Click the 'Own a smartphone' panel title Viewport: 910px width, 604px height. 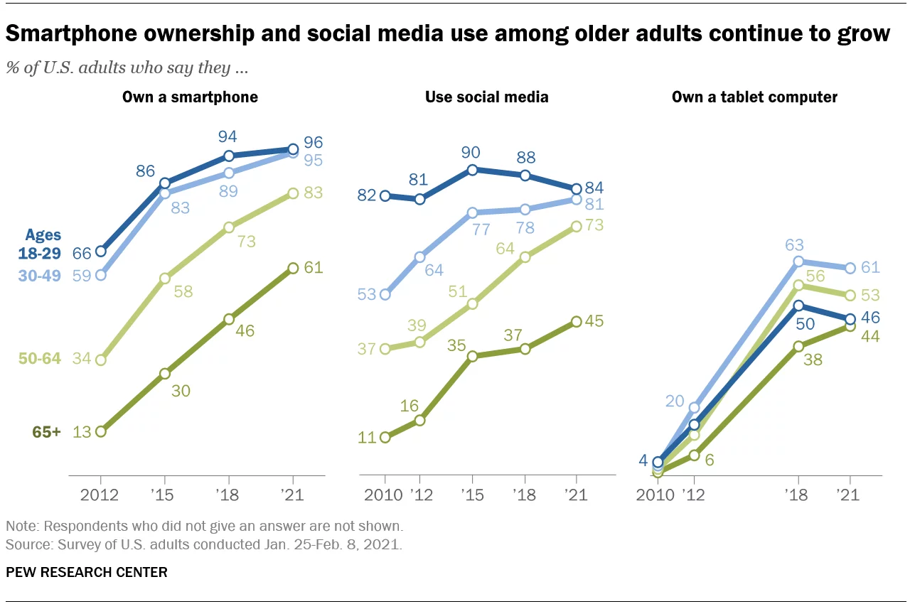coord(190,97)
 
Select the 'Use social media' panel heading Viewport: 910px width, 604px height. coord(486,97)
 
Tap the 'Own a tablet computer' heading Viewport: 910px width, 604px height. coord(754,97)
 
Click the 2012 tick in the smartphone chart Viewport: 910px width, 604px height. coord(100,495)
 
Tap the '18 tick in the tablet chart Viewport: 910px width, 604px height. coord(798,495)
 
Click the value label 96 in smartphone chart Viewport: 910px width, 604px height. coord(314,141)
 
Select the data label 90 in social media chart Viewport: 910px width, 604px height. coord(471,152)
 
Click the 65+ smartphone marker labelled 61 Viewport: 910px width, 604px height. coord(293,268)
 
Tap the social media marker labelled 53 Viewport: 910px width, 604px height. coord(385,294)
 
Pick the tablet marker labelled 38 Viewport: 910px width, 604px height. coord(798,346)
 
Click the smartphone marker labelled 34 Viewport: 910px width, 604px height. coord(100,360)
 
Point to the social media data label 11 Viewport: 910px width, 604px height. coord(366,437)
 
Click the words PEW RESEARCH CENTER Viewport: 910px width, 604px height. coord(86,572)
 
